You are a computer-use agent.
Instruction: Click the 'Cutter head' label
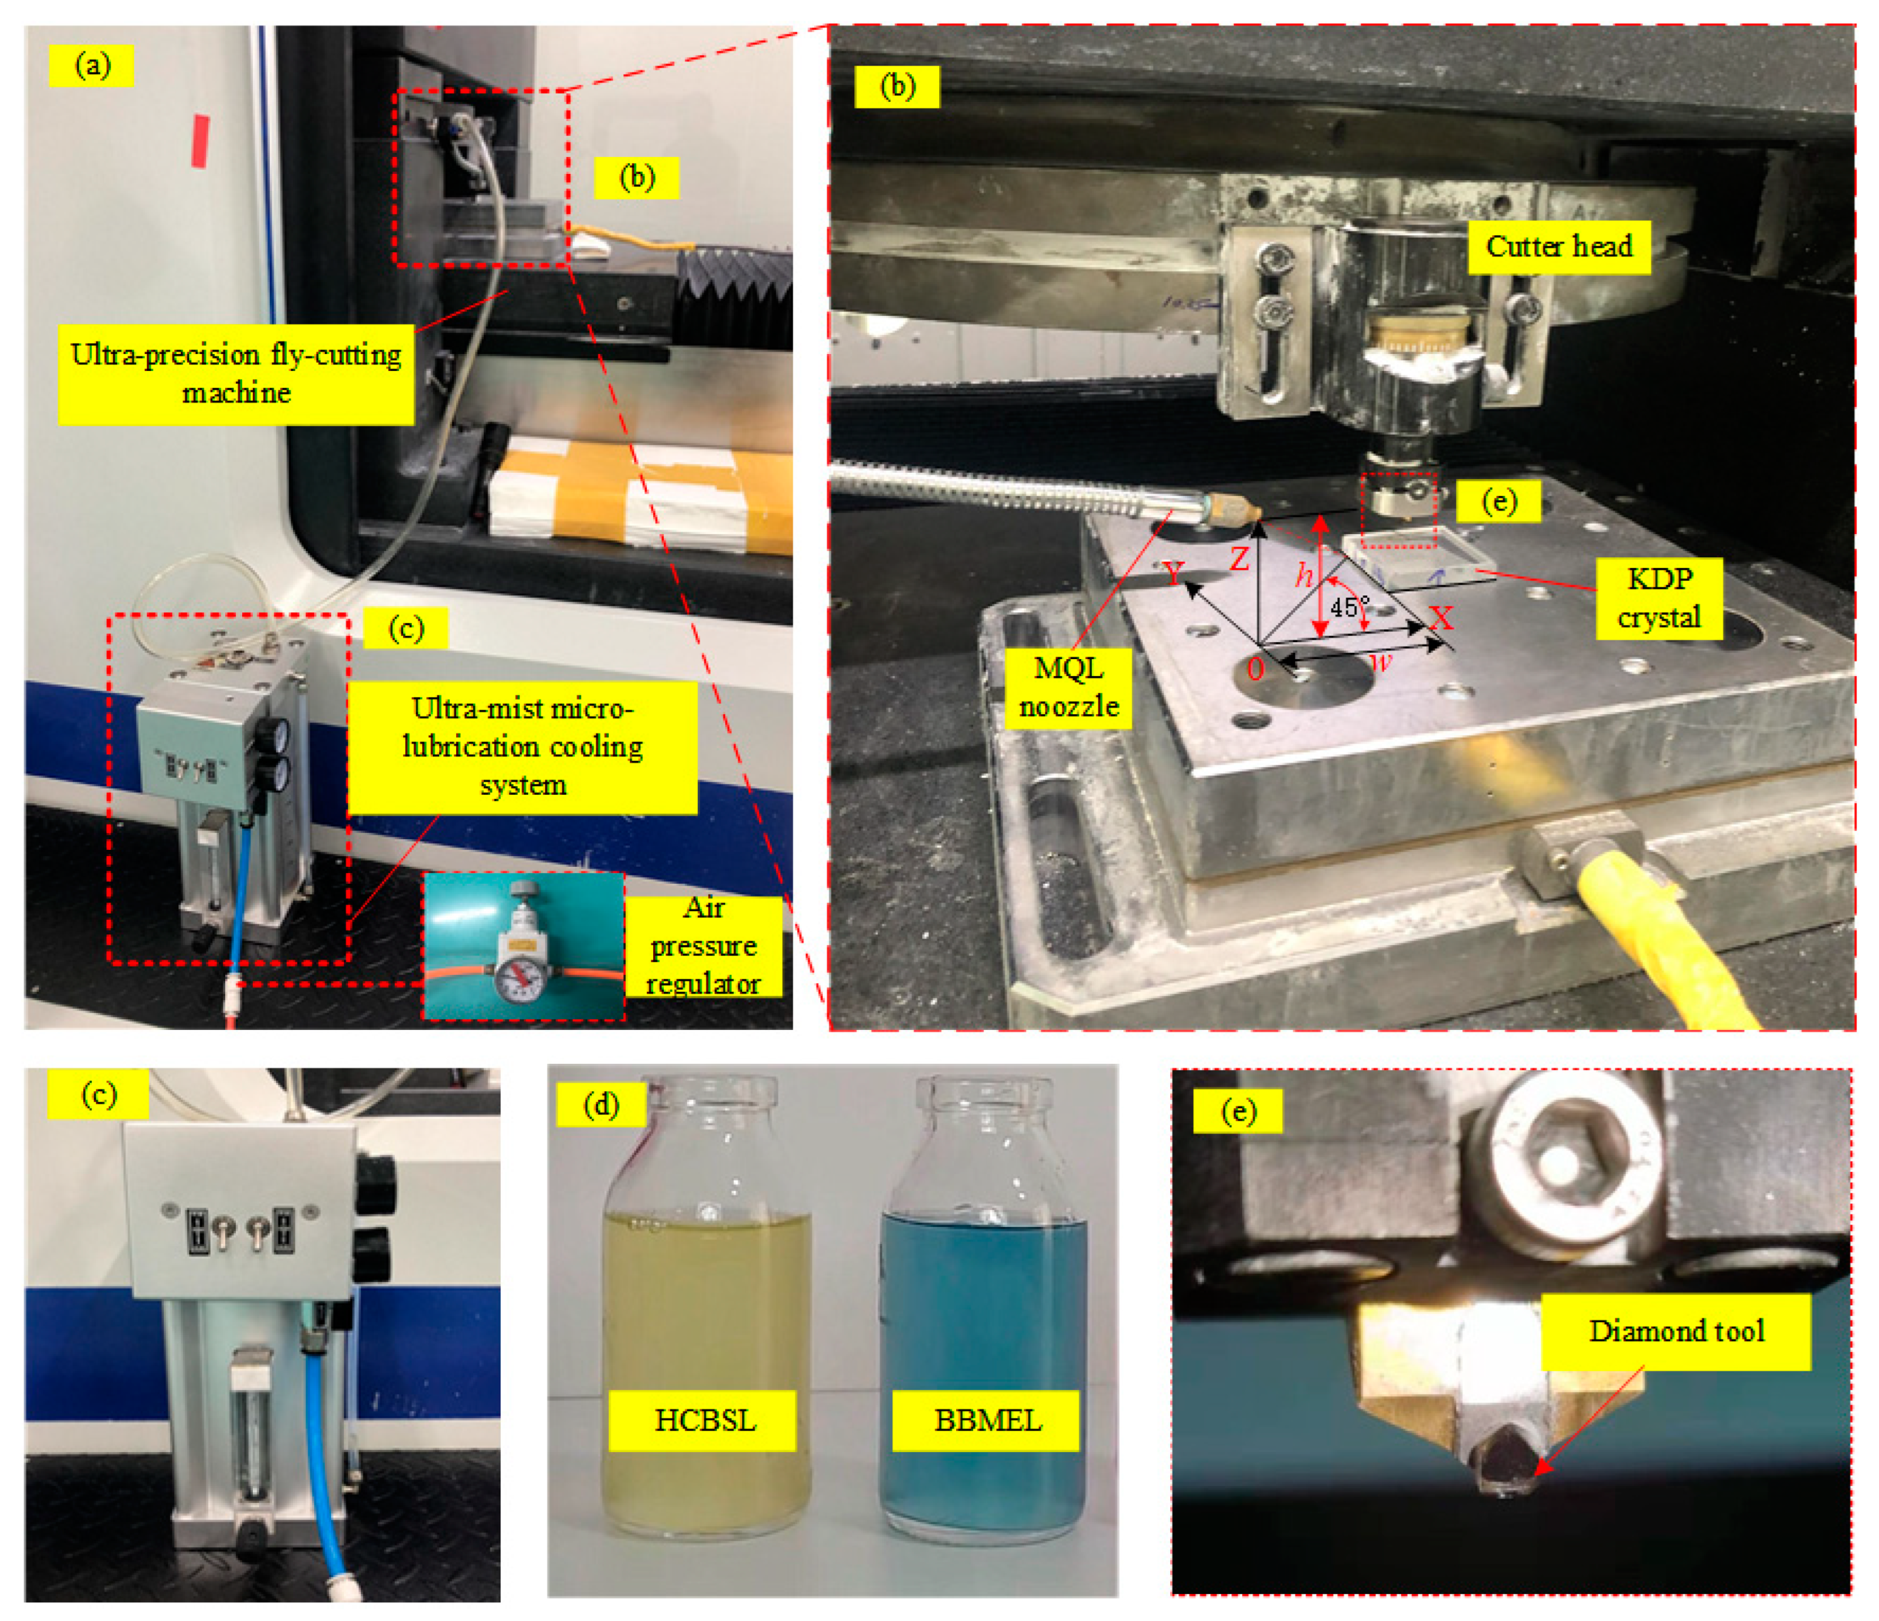click(x=1558, y=246)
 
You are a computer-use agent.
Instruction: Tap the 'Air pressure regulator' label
click(x=704, y=946)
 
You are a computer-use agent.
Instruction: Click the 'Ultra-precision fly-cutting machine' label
click(x=236, y=373)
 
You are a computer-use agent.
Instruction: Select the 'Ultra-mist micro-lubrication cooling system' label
click(x=522, y=747)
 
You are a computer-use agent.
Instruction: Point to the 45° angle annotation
click(x=1350, y=607)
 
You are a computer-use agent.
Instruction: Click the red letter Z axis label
click(x=1239, y=558)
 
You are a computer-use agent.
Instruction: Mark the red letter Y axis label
click(x=1174, y=573)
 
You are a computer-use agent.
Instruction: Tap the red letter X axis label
click(x=1441, y=619)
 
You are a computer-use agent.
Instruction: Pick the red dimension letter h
click(x=1303, y=575)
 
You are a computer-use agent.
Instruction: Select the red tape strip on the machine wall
click(x=200, y=141)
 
